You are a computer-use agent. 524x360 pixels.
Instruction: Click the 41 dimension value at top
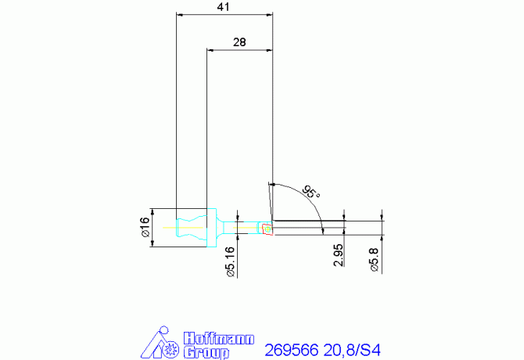[224, 7]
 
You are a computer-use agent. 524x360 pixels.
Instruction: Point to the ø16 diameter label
[144, 228]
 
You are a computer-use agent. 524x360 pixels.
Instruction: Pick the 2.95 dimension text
[339, 255]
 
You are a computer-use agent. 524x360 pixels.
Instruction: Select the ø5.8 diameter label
[375, 257]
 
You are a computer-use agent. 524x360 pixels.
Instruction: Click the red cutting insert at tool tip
[267, 229]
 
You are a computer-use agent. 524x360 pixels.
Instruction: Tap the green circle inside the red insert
[266, 229]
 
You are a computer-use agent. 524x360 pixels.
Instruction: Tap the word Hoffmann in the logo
[219, 338]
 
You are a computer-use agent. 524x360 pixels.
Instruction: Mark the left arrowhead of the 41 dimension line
[181, 14]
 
